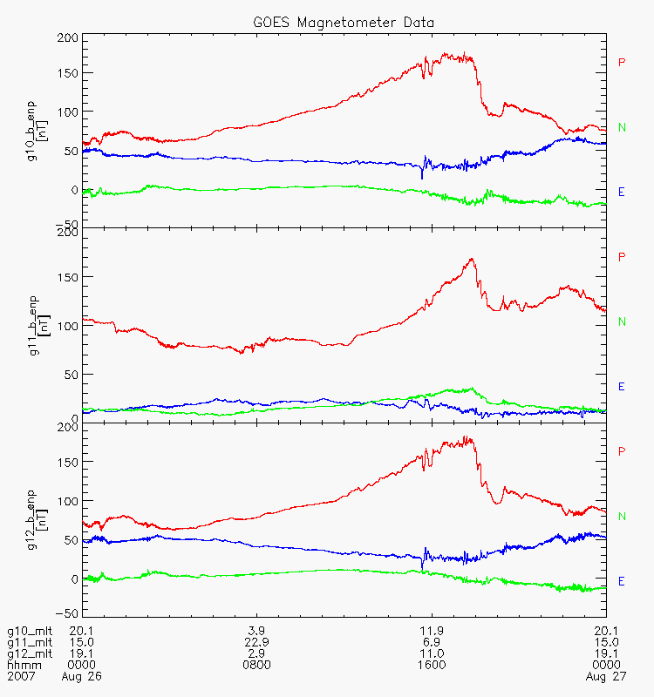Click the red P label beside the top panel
tap(622, 62)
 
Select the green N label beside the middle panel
tap(622, 321)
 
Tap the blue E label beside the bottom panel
tap(622, 581)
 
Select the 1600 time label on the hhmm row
tap(432, 665)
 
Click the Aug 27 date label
tap(606, 676)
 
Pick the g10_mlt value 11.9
tap(432, 631)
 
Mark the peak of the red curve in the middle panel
tap(472, 259)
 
